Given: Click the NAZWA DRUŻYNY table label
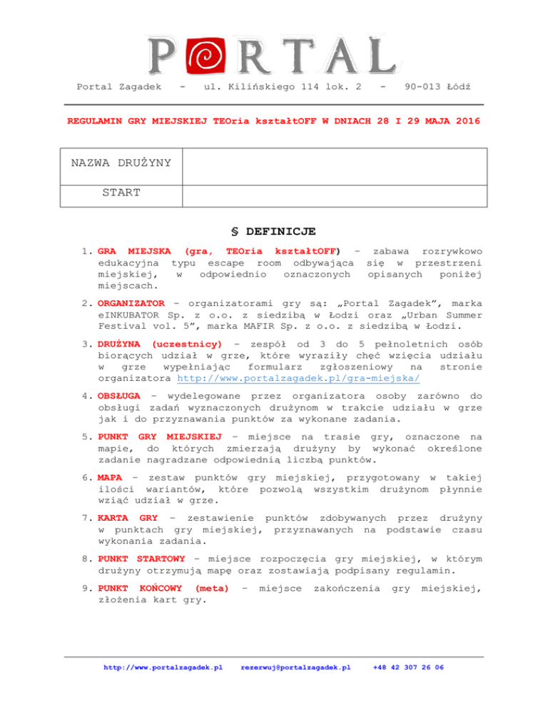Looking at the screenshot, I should pyautogui.click(x=121, y=164).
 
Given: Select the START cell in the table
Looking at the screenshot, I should pyautogui.click(x=121, y=193).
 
